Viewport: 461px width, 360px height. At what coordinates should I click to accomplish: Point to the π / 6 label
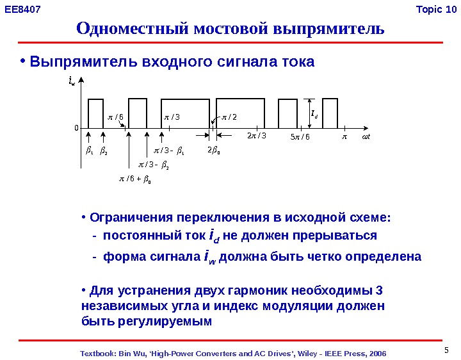tap(116, 117)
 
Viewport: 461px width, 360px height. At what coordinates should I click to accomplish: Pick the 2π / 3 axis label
tap(256, 136)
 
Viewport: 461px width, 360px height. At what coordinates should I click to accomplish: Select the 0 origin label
tap(76, 128)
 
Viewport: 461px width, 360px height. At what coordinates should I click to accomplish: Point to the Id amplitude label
tap(314, 115)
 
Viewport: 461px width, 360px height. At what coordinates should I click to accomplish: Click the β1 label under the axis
tap(89, 152)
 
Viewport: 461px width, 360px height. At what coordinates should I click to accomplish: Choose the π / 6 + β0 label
tap(135, 180)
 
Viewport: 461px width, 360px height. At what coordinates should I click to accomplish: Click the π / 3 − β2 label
tap(154, 166)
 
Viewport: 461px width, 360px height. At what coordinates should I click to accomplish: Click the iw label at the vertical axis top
tap(72, 82)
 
